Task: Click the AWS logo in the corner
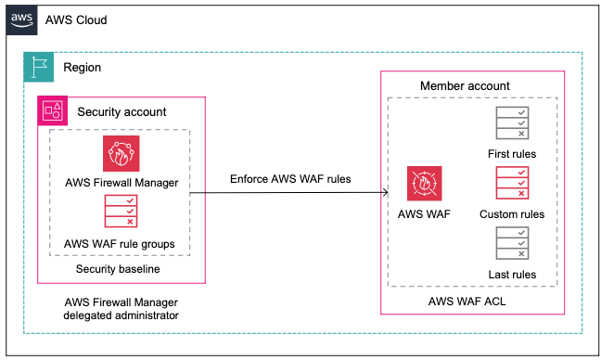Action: point(24,19)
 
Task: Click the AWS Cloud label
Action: point(76,20)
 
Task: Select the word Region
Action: point(83,68)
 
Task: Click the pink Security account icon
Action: point(52,111)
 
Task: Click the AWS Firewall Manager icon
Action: point(121,153)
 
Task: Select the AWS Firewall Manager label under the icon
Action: point(121,182)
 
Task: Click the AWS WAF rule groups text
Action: point(121,243)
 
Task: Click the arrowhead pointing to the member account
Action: point(383,193)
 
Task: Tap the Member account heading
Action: point(465,86)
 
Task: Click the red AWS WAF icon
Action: point(424,184)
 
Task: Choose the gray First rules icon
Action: point(512,124)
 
